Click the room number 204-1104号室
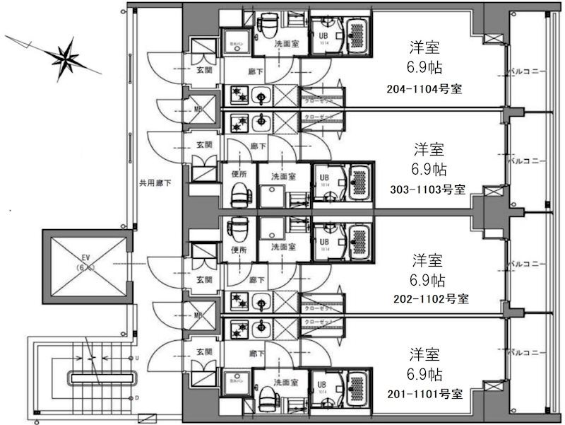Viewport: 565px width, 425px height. click(424, 88)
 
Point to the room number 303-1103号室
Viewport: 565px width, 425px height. click(427, 190)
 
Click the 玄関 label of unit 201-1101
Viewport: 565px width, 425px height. click(204, 351)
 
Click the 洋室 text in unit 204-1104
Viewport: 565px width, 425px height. click(424, 47)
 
